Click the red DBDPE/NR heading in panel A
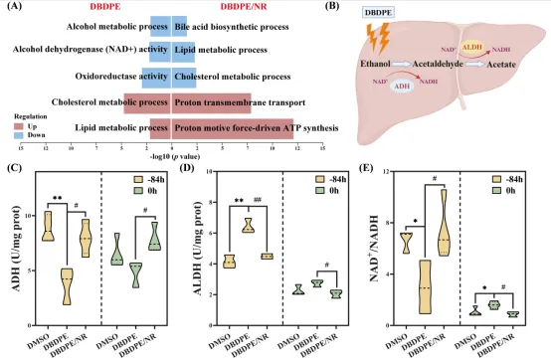(x=244, y=7)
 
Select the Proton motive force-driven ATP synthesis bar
(x=233, y=128)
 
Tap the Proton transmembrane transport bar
(x=212, y=103)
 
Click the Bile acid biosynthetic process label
(x=232, y=27)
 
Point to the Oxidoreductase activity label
(x=121, y=77)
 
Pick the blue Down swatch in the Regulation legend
(x=19, y=135)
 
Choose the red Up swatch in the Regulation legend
(x=19, y=126)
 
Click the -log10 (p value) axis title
(x=175, y=156)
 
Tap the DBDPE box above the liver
(x=378, y=13)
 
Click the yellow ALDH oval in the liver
(x=472, y=48)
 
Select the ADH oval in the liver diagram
(x=403, y=87)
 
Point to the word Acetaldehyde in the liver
(x=438, y=65)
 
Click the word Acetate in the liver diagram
(x=501, y=65)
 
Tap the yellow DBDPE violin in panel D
(x=249, y=226)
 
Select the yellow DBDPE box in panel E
(x=425, y=287)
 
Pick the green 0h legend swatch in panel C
(x=138, y=191)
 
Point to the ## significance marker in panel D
(x=258, y=200)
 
